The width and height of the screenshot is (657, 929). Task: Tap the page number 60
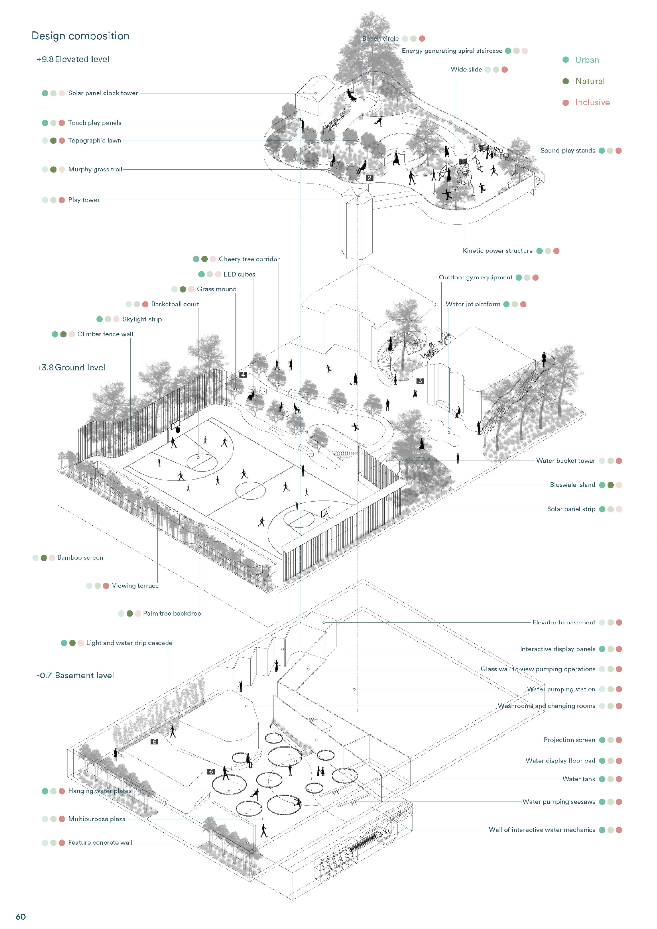(x=21, y=916)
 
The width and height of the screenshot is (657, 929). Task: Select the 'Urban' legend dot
(x=565, y=60)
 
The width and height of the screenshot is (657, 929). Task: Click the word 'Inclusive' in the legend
(x=592, y=102)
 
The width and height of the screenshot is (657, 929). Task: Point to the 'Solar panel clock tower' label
(x=103, y=93)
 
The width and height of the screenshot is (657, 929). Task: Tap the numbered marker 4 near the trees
(x=243, y=375)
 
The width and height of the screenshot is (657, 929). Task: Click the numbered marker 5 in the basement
(x=154, y=742)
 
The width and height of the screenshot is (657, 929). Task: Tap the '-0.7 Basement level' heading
(x=75, y=675)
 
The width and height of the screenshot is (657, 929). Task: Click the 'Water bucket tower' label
(x=565, y=460)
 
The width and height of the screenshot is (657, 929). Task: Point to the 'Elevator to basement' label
(x=564, y=622)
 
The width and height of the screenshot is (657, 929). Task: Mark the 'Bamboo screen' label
(x=80, y=558)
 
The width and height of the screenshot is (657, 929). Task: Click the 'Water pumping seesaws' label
(x=559, y=802)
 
